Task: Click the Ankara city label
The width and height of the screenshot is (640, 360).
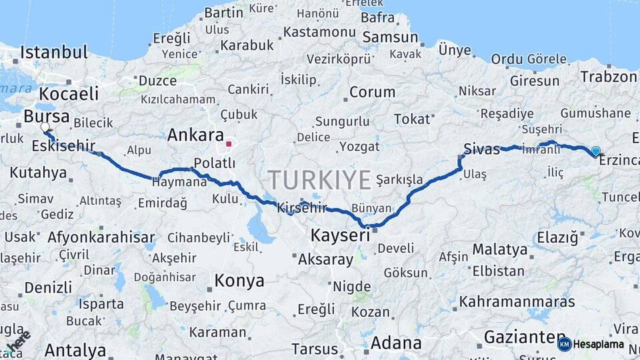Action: click(x=195, y=135)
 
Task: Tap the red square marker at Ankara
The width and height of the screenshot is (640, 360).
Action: click(x=229, y=143)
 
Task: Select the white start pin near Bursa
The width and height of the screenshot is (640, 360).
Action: click(x=45, y=127)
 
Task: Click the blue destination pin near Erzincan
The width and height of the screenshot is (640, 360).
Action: click(x=595, y=151)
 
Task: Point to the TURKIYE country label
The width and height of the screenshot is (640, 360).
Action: click(x=319, y=180)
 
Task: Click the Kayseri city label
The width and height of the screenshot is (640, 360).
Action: click(x=340, y=235)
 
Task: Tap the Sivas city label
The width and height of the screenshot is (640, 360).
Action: click(x=481, y=149)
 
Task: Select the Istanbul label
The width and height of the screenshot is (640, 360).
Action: click(x=54, y=52)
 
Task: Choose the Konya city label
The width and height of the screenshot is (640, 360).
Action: click(x=239, y=281)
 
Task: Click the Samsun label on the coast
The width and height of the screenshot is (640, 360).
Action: click(x=390, y=37)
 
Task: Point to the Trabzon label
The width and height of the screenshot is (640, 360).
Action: click(x=608, y=77)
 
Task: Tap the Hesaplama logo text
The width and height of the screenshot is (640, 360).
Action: click(x=599, y=345)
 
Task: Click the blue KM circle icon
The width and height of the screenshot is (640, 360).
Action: click(x=565, y=344)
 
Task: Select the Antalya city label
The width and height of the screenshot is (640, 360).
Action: click(x=75, y=350)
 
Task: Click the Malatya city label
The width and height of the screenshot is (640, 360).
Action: click(x=500, y=250)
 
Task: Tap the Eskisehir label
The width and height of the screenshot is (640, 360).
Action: click(x=63, y=146)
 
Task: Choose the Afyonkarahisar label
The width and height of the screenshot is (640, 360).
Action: click(x=101, y=237)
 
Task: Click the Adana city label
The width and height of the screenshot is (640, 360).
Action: click(x=395, y=343)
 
